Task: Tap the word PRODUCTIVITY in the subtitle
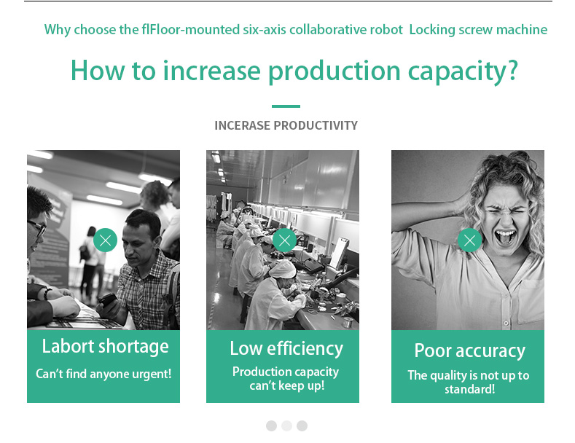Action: tap(316, 125)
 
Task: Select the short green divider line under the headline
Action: tap(286, 106)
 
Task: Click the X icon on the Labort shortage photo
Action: tap(105, 240)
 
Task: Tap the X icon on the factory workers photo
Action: tap(284, 240)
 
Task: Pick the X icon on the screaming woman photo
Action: tap(470, 240)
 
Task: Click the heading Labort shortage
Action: tap(105, 347)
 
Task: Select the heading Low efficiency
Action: tap(286, 349)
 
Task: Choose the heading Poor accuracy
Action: tap(470, 351)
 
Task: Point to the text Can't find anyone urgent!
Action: tap(103, 374)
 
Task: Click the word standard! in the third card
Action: tap(470, 389)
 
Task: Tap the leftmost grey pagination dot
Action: tap(271, 426)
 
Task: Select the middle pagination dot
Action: tap(286, 426)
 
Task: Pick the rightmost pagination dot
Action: tap(302, 426)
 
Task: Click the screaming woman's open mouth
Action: tap(505, 238)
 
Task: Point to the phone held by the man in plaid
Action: tap(106, 299)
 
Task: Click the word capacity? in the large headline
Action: tap(463, 71)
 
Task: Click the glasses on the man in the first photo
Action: tap(38, 227)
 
